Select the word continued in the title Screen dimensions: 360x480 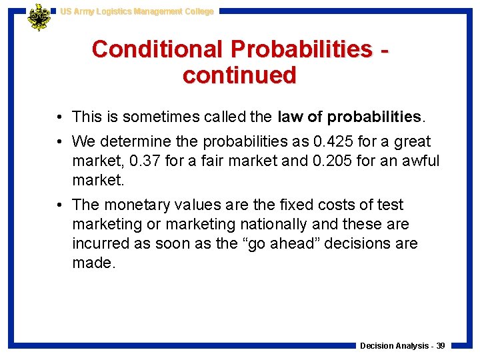click(239, 75)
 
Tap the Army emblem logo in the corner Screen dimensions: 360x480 click(39, 17)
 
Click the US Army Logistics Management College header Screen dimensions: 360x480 click(137, 11)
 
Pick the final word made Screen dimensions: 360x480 click(93, 263)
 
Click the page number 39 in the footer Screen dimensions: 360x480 click(441, 346)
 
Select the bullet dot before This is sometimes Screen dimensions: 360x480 click(60, 118)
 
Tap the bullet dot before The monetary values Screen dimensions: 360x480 click(60, 205)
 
